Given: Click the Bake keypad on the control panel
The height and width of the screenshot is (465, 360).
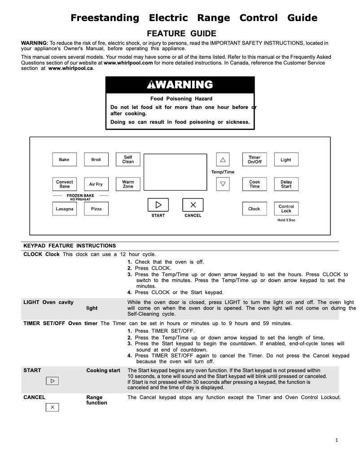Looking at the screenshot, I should (64, 160).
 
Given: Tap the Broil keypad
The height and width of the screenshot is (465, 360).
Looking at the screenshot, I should (96, 160).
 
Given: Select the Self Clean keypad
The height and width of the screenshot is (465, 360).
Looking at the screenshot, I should (128, 160).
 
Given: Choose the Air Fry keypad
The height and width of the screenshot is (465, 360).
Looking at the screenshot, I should (96, 184).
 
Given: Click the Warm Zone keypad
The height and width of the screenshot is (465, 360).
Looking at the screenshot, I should (128, 184).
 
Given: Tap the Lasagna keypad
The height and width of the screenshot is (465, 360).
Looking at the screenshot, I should (64, 209).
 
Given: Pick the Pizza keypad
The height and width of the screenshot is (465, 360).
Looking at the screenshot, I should (96, 209).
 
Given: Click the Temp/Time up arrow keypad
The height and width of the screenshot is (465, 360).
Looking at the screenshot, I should (223, 160).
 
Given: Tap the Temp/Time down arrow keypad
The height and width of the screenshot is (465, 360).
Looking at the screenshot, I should (223, 184).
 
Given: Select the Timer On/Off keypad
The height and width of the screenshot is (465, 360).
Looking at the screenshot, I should (255, 160).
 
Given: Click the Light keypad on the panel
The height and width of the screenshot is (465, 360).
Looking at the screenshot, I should (286, 160).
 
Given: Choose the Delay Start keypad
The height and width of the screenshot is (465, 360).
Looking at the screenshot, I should (286, 184).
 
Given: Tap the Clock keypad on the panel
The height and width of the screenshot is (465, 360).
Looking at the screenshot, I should (255, 209).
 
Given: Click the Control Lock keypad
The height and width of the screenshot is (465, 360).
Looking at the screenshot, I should (286, 209).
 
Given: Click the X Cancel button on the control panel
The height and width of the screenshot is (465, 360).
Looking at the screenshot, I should (193, 205).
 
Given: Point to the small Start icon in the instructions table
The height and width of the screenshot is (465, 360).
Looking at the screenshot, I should (53, 381).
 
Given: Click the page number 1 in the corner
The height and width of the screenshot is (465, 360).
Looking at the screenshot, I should (337, 440).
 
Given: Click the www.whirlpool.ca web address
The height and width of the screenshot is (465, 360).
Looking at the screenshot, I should (70, 69).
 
